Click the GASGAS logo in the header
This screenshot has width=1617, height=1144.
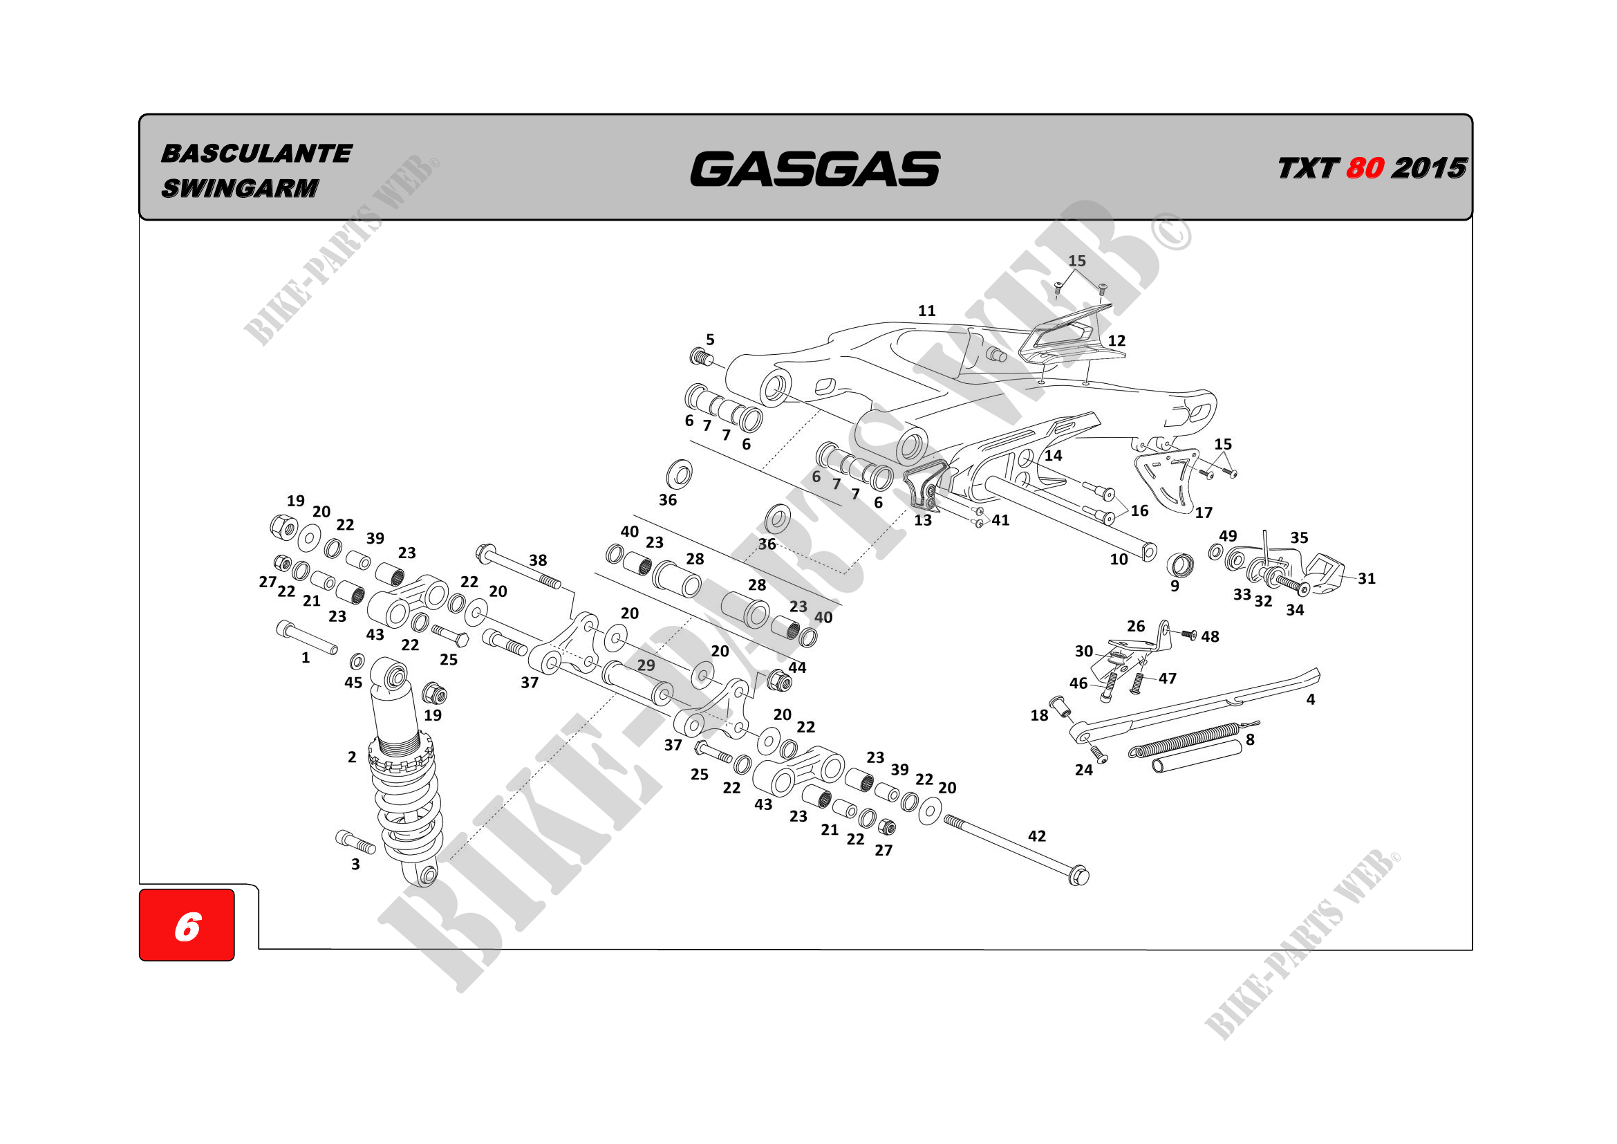click(x=814, y=169)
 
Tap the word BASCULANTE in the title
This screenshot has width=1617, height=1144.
click(x=256, y=154)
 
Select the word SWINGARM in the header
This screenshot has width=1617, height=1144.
click(x=240, y=188)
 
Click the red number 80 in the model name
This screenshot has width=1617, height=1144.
click(x=1364, y=168)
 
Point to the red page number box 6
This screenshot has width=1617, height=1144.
click(x=187, y=925)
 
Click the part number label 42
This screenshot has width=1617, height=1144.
click(x=1037, y=836)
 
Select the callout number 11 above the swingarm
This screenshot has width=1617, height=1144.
click(x=927, y=311)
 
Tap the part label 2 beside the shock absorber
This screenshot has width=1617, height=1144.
click(x=352, y=757)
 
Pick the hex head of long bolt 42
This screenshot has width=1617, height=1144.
click(x=1078, y=877)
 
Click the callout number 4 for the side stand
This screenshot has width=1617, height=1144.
click(x=1311, y=699)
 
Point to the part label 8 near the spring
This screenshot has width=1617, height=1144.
click(x=1250, y=739)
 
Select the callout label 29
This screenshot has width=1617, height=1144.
click(x=646, y=665)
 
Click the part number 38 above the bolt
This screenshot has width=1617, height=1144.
click(x=538, y=560)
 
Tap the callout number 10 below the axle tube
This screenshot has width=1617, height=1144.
click(x=1119, y=560)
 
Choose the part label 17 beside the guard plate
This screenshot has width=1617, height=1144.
click(x=1204, y=513)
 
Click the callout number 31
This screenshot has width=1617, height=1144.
click(x=1367, y=578)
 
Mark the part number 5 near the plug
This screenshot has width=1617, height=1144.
click(x=711, y=340)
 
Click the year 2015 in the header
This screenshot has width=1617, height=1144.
click(x=1429, y=168)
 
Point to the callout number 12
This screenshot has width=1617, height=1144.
click(x=1117, y=341)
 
